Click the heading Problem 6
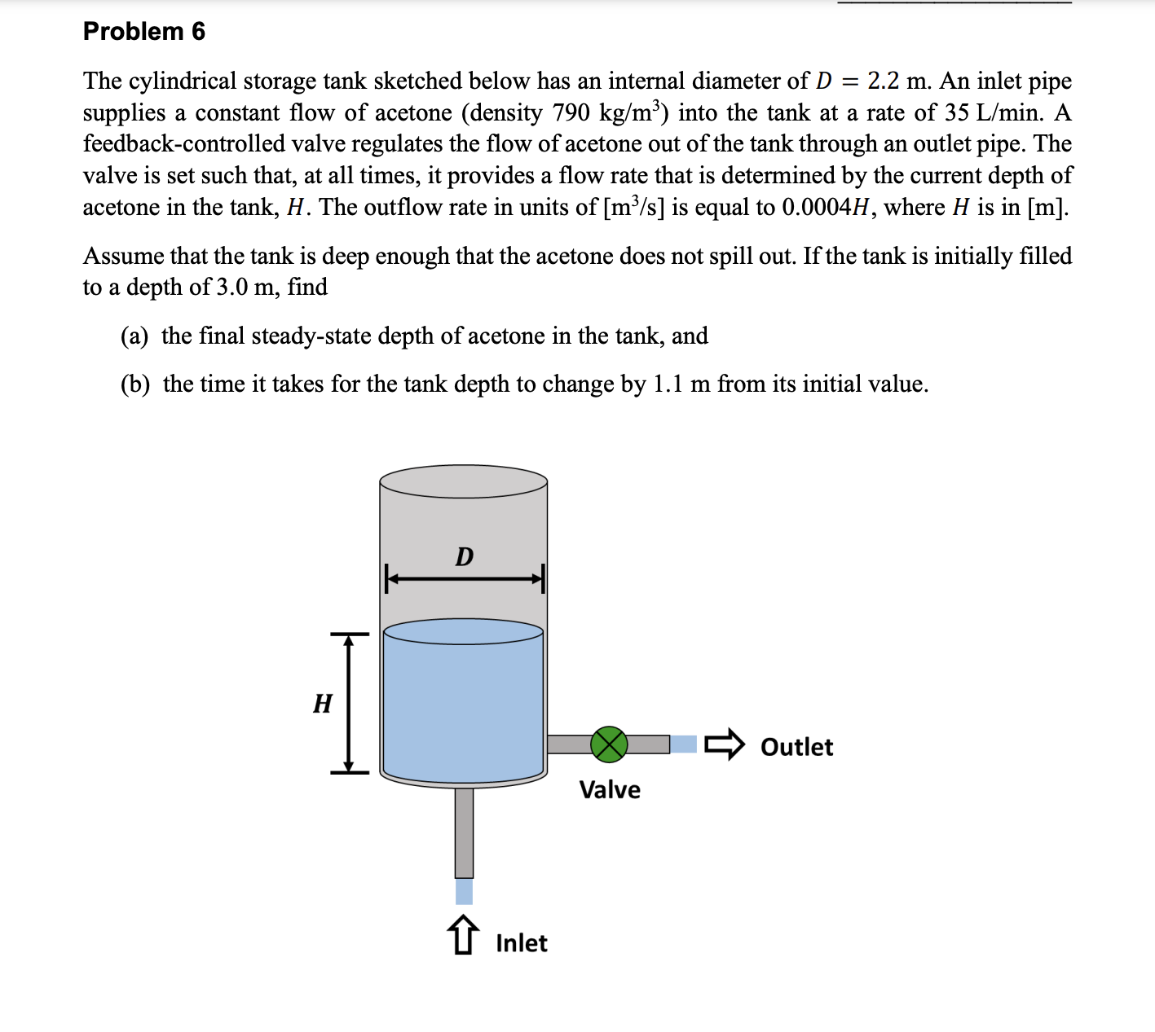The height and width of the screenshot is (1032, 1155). click(143, 31)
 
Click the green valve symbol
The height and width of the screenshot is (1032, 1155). click(609, 744)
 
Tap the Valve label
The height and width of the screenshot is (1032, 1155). click(610, 789)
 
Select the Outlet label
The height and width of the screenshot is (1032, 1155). click(796, 747)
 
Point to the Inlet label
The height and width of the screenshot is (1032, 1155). click(521, 942)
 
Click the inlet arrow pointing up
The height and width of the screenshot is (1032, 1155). click(463, 934)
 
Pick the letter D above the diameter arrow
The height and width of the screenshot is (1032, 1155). click(464, 557)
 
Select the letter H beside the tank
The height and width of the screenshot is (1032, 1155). click(323, 703)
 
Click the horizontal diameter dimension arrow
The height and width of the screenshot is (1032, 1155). click(464, 580)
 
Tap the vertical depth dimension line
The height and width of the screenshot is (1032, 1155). click(349, 703)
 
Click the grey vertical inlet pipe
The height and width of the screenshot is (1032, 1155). click(464, 831)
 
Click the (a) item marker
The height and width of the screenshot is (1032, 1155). click(134, 336)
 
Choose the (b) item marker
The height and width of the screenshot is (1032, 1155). click(135, 384)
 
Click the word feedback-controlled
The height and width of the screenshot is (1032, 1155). click(183, 143)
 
